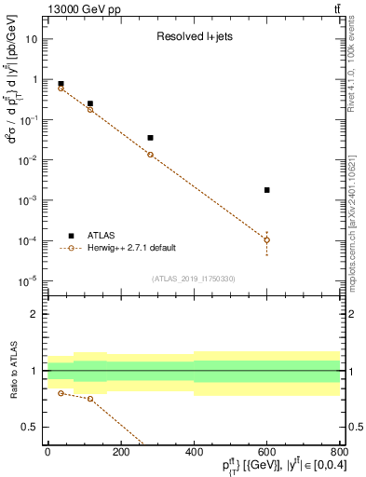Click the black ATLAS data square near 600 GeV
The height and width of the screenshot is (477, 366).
coord(266,190)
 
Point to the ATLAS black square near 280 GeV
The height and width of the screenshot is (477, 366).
coord(150,138)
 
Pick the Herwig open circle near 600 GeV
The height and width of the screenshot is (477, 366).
coord(266,240)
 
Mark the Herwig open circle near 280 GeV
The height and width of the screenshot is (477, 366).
coord(150,155)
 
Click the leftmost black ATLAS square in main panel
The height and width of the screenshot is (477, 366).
coord(61,84)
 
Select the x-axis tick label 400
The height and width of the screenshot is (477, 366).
coord(194,452)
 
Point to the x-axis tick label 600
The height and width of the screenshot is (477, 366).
coord(266,452)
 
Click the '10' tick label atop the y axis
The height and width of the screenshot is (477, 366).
coord(32,39)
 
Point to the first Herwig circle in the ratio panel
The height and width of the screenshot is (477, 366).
coord(61,393)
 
